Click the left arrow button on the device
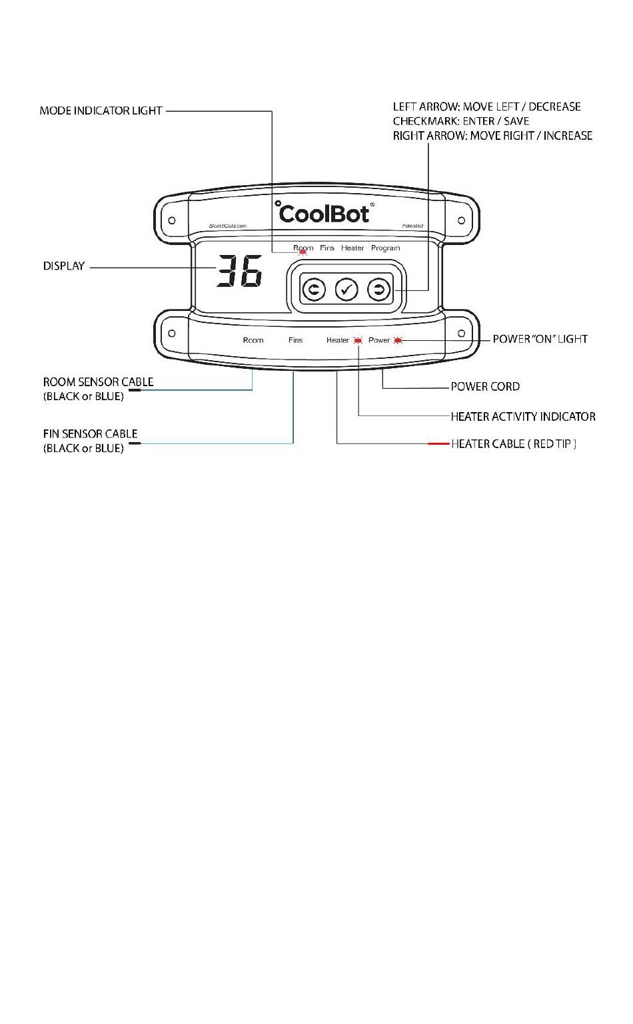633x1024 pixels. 314,290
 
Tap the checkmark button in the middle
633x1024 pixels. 346,290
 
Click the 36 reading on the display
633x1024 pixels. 239,272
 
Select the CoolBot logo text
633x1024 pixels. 324,213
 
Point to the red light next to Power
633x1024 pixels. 398,340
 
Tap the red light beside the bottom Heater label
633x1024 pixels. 358,340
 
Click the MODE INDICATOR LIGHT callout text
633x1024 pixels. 101,111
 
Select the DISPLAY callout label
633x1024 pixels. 64,266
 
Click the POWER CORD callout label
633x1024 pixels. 485,387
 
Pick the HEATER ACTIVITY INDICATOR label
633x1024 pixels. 523,417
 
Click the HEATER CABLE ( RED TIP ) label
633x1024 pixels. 514,444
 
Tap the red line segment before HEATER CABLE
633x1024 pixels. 438,443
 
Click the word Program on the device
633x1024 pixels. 385,248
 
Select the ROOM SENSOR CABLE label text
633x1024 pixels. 98,382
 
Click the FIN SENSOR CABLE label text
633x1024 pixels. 90,434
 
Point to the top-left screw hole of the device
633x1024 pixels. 172,220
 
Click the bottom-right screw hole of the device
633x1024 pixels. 461,333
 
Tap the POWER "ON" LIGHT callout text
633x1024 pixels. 540,339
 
